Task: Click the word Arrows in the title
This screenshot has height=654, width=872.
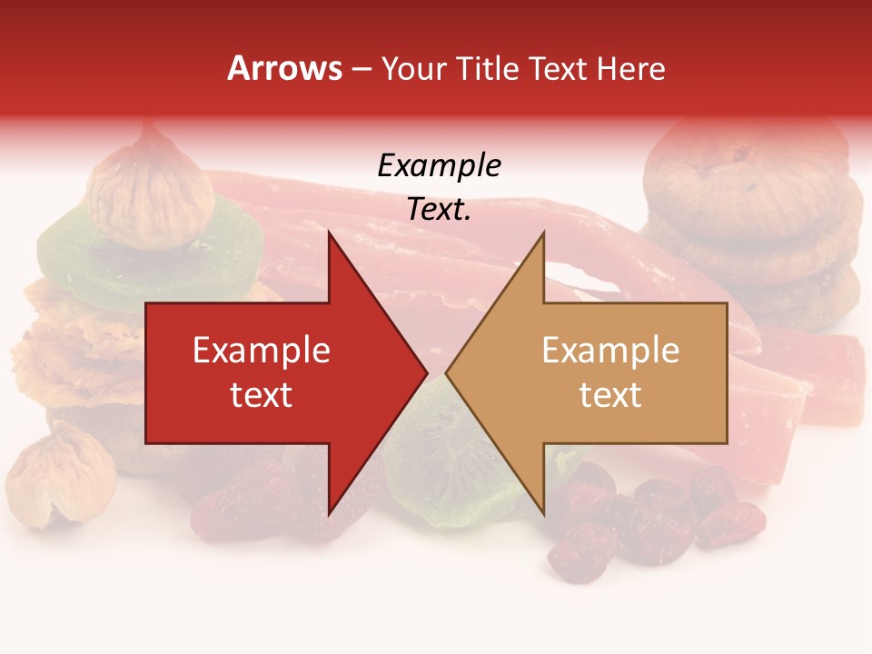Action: coord(284,69)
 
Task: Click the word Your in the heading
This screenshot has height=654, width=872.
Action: coord(411,69)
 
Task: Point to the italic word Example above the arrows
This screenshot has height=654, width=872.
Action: coord(440,166)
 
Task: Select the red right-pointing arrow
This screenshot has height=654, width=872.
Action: coord(272,372)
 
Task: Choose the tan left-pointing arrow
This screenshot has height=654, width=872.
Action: coord(599,372)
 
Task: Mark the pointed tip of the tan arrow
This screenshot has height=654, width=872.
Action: coord(450,372)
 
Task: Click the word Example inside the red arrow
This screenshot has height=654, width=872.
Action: coord(262,351)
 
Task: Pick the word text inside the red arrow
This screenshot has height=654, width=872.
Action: coord(262,395)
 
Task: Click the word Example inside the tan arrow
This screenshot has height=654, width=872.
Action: coord(610,351)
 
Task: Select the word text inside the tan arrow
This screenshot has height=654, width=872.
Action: coord(610,395)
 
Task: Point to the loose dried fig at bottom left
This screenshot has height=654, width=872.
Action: coord(59,477)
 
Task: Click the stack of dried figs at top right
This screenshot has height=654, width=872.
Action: coord(754,218)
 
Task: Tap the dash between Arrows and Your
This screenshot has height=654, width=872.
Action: coord(361,69)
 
